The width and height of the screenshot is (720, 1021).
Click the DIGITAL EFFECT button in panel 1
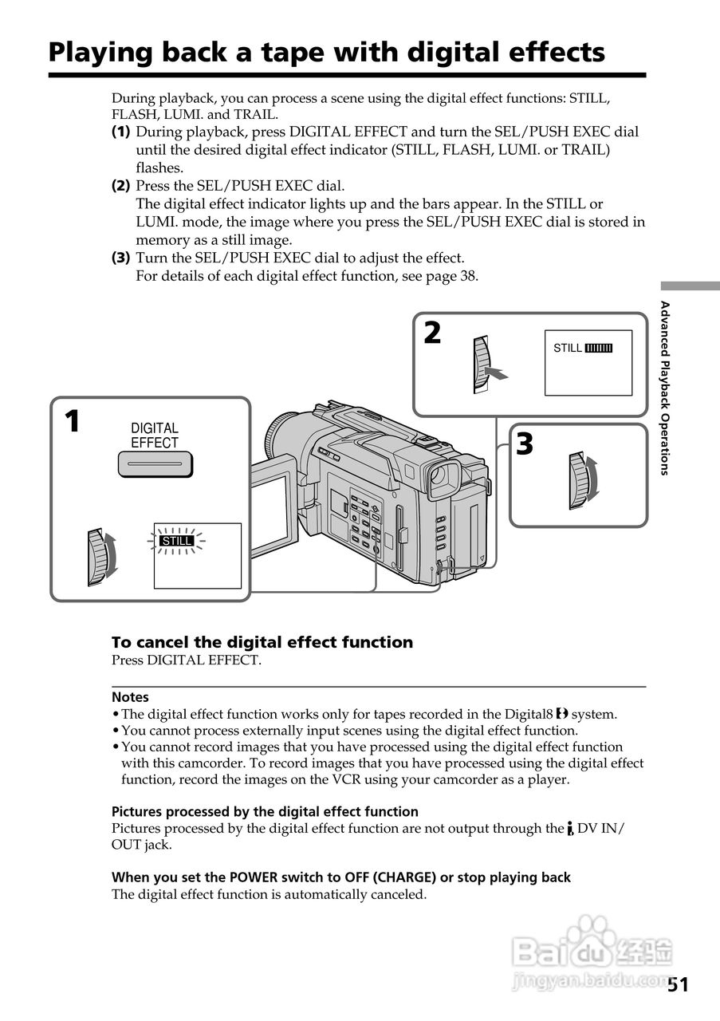click(155, 463)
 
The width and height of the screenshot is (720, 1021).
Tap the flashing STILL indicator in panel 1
click(177, 541)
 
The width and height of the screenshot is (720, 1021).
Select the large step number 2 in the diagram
click(432, 333)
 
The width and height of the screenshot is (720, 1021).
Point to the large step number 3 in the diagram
click(524, 444)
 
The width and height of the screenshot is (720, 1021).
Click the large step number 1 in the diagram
click(72, 421)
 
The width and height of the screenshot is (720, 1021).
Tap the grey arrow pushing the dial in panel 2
click(497, 373)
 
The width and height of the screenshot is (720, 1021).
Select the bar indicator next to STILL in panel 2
click(598, 349)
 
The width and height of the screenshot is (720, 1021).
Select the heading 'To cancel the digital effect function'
click(262, 642)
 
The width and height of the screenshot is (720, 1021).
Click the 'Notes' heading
click(130, 696)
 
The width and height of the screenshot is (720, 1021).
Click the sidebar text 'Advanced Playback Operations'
click(664, 388)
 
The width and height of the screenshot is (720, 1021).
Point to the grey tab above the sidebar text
click(689, 286)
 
